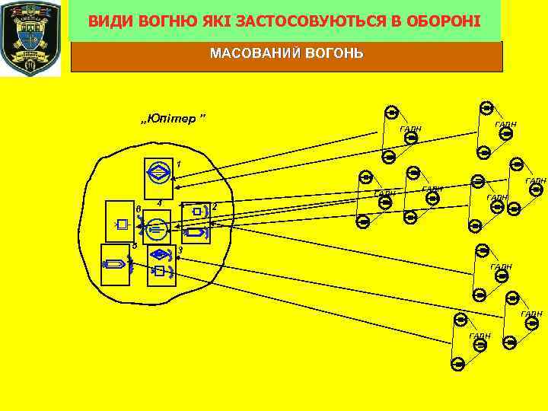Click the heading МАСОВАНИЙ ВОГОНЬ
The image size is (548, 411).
(286, 54)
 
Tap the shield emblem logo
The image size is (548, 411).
(30, 37)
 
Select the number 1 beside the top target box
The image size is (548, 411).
(178, 164)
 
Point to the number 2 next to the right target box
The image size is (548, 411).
(215, 206)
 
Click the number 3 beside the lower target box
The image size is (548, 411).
(180, 250)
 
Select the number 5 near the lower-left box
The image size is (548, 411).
(134, 245)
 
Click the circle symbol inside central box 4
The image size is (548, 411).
(158, 227)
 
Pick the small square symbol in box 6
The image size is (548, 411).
(122, 225)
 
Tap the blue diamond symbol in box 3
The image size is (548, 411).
(160, 254)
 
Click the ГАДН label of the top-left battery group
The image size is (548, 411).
(410, 129)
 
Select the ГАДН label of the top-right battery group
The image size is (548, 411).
(505, 123)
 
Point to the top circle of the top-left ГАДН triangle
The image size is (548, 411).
(391, 113)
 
